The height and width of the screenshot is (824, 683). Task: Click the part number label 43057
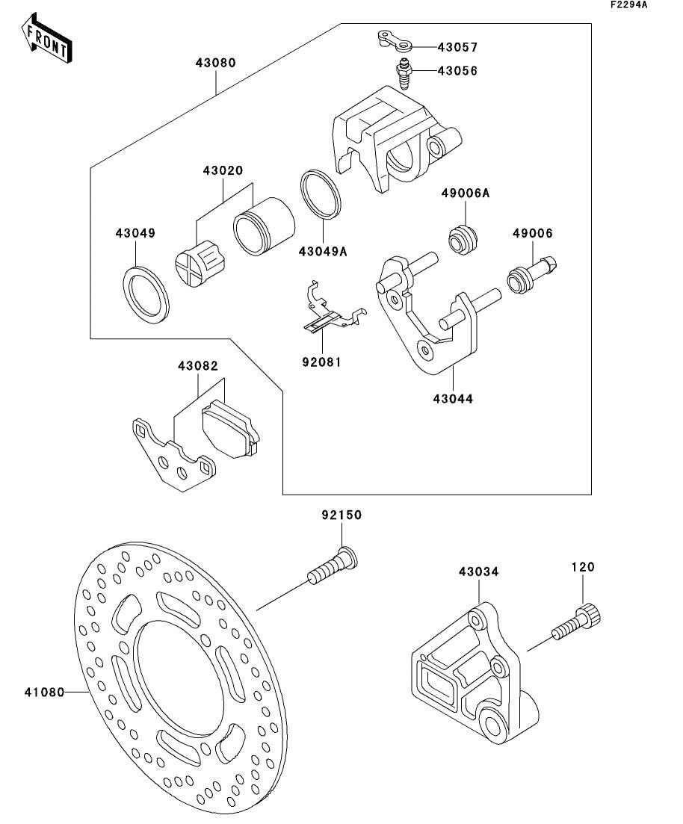coord(457,47)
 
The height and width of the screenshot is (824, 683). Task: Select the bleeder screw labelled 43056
coord(404,74)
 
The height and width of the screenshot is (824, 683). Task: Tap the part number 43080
coord(215,63)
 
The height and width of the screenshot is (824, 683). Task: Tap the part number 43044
coord(452,398)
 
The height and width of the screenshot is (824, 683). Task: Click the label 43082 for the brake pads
coord(198,366)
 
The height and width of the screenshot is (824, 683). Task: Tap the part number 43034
coord(478,572)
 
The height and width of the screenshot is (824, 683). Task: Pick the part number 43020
coord(222,170)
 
